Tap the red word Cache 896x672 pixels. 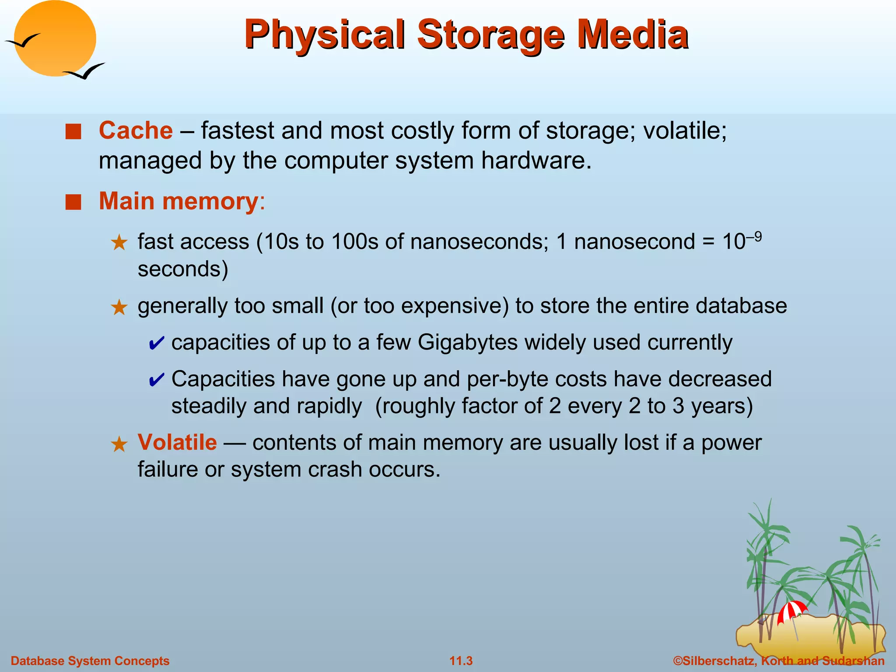pyautogui.click(x=136, y=130)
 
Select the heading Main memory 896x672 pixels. pyautogui.click(x=179, y=201)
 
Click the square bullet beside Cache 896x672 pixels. pyautogui.click(x=73, y=132)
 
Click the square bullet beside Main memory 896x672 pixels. pyautogui.click(x=73, y=203)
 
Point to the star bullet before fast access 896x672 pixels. pyautogui.click(x=119, y=242)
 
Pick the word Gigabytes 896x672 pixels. pyautogui.click(x=468, y=342)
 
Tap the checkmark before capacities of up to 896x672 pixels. pyautogui.click(x=156, y=343)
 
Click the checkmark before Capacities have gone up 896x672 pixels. pyautogui.click(x=156, y=380)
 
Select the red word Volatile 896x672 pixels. pyautogui.click(x=177, y=442)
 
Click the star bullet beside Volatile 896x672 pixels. pyautogui.click(x=119, y=444)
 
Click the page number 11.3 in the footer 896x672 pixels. pyautogui.click(x=461, y=661)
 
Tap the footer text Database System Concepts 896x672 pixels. pyautogui.click(x=90, y=661)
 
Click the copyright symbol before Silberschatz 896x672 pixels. pyautogui.click(x=678, y=661)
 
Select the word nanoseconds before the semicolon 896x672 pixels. pyautogui.click(x=479, y=241)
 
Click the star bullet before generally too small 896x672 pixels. pyautogui.click(x=119, y=308)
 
